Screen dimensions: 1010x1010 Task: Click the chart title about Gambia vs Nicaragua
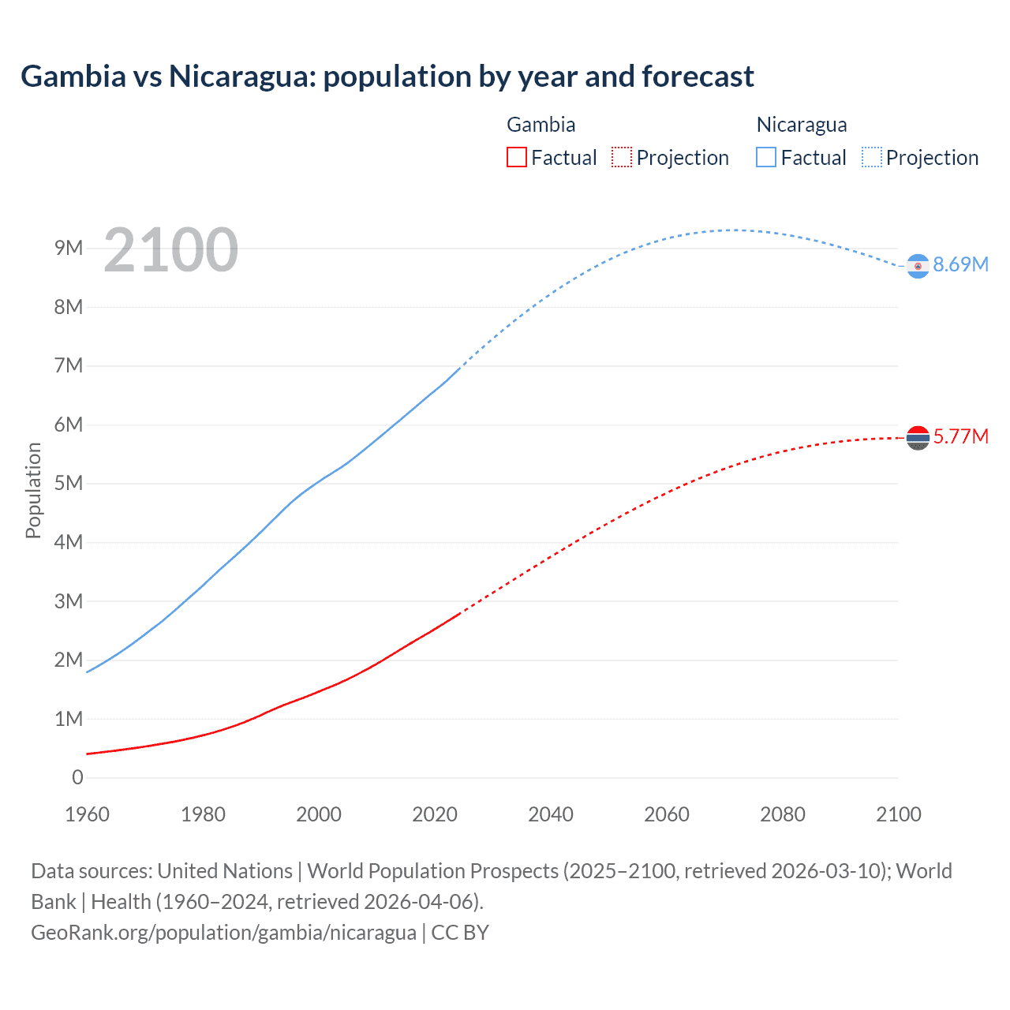[x=387, y=77]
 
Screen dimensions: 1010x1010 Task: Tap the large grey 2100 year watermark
[x=170, y=250]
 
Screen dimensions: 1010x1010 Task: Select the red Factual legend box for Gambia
[x=516, y=157]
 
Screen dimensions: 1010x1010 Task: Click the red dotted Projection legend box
[x=622, y=157]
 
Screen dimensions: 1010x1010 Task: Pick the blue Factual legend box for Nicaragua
[x=766, y=157]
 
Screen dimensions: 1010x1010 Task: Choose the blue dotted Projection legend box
[x=872, y=157]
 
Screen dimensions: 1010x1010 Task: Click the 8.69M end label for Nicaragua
[x=960, y=264]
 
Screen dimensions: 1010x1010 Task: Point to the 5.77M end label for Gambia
[x=960, y=436]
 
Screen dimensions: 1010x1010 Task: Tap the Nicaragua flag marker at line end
[x=918, y=267]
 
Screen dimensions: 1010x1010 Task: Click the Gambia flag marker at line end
[x=918, y=437]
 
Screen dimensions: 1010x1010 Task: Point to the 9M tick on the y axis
[x=69, y=249]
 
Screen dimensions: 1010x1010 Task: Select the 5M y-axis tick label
[x=69, y=483]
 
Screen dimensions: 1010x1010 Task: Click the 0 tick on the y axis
[x=77, y=777]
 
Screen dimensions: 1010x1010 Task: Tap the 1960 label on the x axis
[x=87, y=814]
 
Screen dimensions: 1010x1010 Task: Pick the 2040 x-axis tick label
[x=551, y=814]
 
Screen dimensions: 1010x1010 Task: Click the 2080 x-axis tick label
[x=783, y=814]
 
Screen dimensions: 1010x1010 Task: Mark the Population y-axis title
[x=33, y=490]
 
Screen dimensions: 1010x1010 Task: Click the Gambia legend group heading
[x=541, y=125]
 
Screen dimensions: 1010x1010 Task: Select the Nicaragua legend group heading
[x=802, y=125]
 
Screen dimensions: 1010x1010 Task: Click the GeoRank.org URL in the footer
[x=223, y=932]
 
